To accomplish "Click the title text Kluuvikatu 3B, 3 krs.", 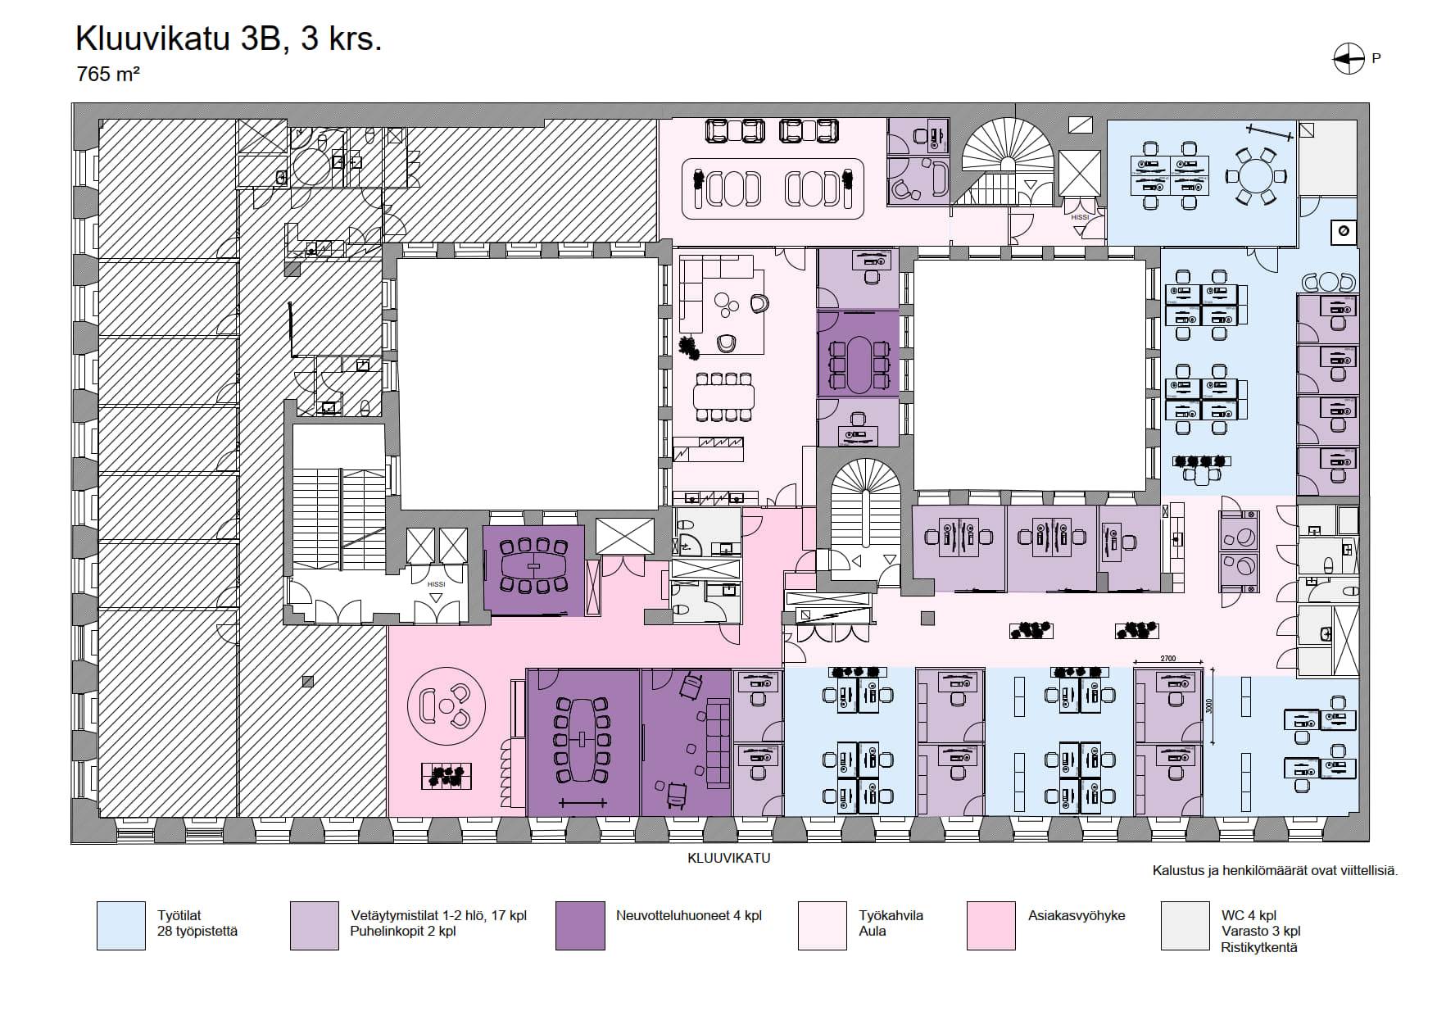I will [x=229, y=39].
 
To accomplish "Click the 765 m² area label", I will [x=107, y=74].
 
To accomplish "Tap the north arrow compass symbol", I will [x=1349, y=58].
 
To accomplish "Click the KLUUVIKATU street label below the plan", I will [x=728, y=858].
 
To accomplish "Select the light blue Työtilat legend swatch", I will [x=120, y=926].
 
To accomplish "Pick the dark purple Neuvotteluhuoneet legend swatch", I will [x=580, y=926].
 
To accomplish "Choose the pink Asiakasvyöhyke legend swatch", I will [x=990, y=926].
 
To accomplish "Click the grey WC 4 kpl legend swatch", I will [x=1185, y=926].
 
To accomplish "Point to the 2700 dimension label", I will [x=1167, y=659].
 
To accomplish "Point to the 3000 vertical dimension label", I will [x=1209, y=705].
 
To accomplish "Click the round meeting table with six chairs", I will [x=1255, y=176].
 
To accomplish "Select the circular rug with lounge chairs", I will [x=446, y=705].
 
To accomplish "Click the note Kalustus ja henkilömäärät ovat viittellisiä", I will [x=1275, y=870].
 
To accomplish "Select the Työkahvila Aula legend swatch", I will [x=822, y=926].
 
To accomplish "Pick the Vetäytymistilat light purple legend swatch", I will [x=314, y=926].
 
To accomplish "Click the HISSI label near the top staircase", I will [x=1080, y=217].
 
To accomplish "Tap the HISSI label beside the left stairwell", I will [x=436, y=584].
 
